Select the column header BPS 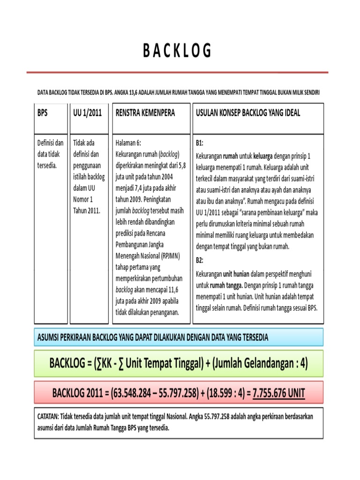pyautogui.click(x=43, y=113)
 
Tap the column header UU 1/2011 pyautogui.click(x=88, y=113)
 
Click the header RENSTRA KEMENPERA pyautogui.click(x=145, y=113)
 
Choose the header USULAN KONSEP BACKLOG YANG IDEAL pyautogui.click(x=247, y=113)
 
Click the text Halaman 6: pyautogui.click(x=128, y=142)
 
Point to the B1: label pyautogui.click(x=200, y=142)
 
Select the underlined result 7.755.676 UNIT pyautogui.click(x=278, y=392)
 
